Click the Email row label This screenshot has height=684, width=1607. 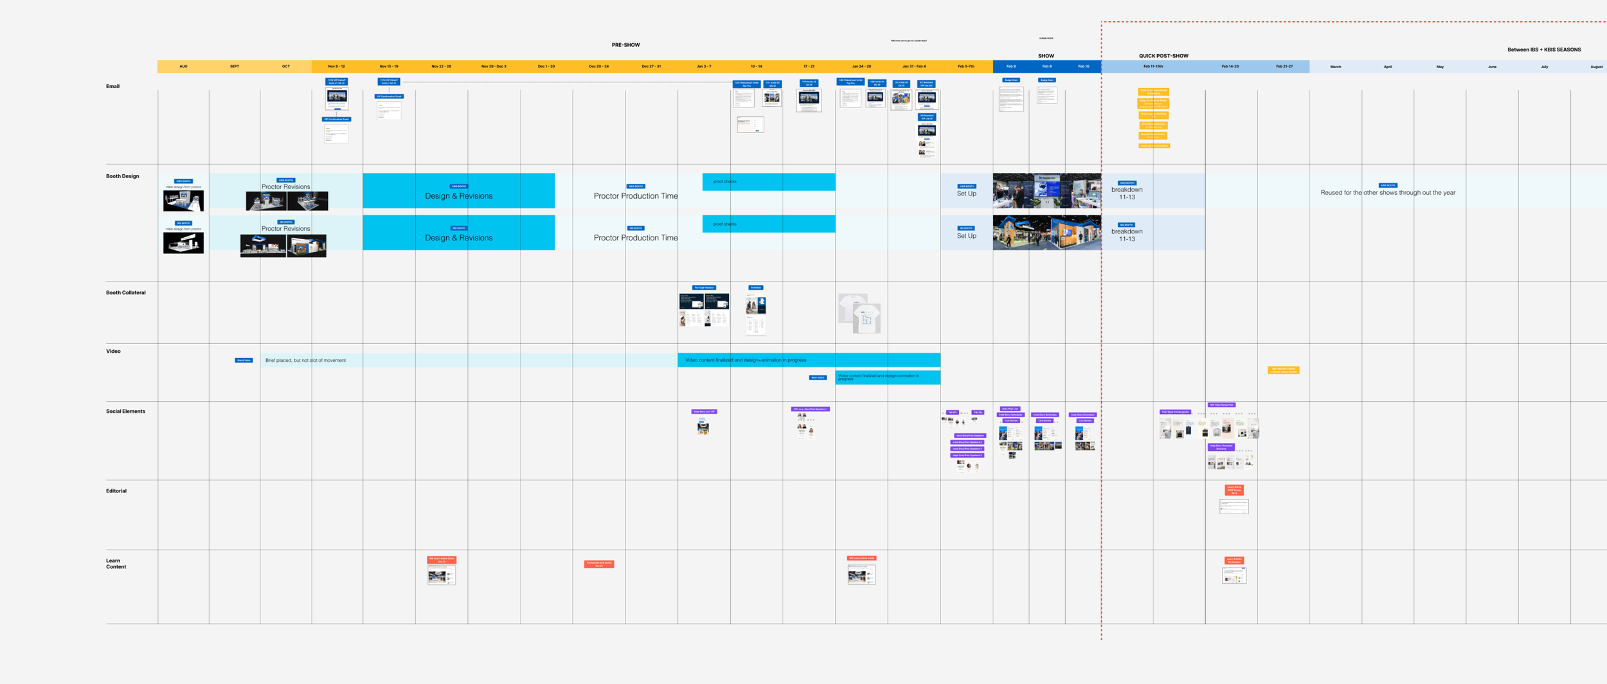[112, 86]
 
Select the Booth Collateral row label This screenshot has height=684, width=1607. [125, 292]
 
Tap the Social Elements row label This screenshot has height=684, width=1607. [125, 411]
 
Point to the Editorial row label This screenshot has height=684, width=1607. [116, 491]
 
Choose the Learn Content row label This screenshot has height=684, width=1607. [116, 564]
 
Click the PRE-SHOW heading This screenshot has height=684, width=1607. [625, 45]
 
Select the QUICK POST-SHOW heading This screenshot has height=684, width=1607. [1163, 56]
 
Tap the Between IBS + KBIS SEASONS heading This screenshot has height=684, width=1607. [1544, 50]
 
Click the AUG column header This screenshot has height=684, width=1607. [183, 66]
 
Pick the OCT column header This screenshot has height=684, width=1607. [286, 66]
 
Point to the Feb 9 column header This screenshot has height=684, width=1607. [1047, 66]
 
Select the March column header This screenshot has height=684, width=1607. [1336, 67]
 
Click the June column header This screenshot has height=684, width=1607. [1492, 67]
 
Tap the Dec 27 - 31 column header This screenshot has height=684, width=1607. [651, 66]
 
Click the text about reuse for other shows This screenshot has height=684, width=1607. [1388, 193]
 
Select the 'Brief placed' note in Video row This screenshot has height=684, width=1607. [305, 361]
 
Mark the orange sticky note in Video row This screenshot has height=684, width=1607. [1283, 370]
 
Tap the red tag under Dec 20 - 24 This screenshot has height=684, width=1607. [599, 564]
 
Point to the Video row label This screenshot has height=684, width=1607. [113, 352]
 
